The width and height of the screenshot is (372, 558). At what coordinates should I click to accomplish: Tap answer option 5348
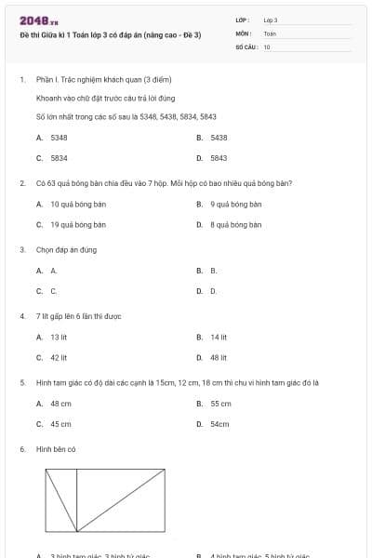[58, 137]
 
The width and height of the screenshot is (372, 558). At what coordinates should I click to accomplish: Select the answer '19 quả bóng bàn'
[77, 224]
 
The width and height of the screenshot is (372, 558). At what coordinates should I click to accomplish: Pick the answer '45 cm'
[60, 424]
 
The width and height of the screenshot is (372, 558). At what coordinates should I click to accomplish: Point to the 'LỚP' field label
[243, 20]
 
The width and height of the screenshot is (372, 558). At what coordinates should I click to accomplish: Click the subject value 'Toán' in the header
[270, 33]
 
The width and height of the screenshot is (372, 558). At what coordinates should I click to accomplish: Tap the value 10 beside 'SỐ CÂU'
[267, 46]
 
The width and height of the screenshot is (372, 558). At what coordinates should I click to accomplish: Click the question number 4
[21, 316]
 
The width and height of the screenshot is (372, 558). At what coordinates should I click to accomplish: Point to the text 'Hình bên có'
[55, 449]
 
